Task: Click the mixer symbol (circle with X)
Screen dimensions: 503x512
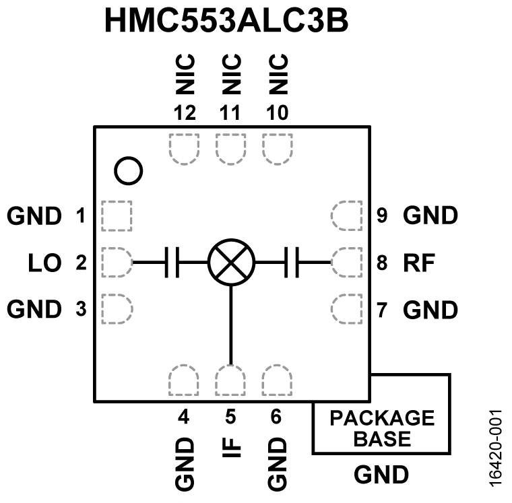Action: coord(230,262)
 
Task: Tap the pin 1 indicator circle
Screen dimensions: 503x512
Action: coord(128,170)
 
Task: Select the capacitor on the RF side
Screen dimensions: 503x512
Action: coord(292,262)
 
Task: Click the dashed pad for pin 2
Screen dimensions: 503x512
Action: coord(115,262)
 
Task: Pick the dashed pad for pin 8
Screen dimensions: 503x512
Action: coord(347,262)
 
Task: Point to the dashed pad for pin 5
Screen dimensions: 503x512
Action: coord(230,380)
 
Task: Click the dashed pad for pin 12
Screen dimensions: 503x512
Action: coord(183,148)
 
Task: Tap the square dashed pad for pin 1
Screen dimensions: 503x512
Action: coord(115,215)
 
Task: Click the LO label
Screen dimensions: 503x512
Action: coord(42,263)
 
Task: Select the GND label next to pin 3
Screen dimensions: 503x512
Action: coord(34,309)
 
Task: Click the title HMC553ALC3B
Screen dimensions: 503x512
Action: coord(226,22)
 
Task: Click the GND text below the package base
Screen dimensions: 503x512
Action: coord(381,475)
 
